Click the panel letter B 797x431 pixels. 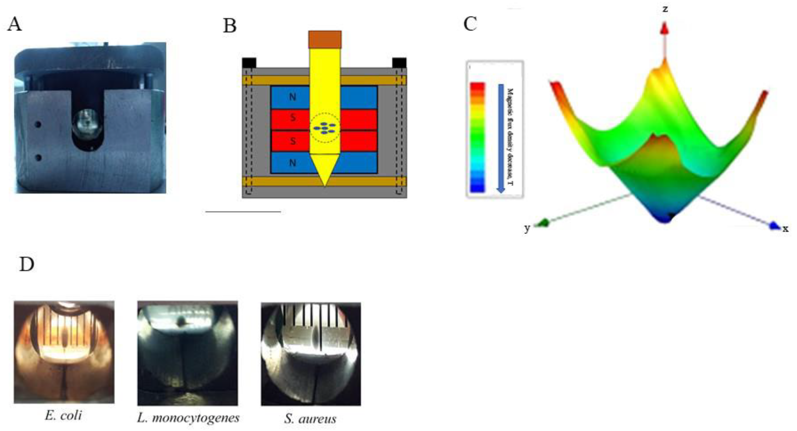[x=230, y=26]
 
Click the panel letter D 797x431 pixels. [x=26, y=264]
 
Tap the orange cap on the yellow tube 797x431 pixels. [x=325, y=39]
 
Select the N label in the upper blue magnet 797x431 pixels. [x=292, y=97]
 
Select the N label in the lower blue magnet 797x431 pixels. [x=292, y=163]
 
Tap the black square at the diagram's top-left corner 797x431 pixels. [x=249, y=63]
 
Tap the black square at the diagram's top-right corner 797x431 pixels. [x=399, y=63]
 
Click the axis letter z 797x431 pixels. [x=665, y=9]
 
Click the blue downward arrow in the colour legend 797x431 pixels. [x=501, y=138]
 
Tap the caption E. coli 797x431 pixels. [x=63, y=415]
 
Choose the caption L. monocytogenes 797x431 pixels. [x=188, y=418]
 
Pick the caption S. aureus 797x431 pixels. [x=310, y=419]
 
